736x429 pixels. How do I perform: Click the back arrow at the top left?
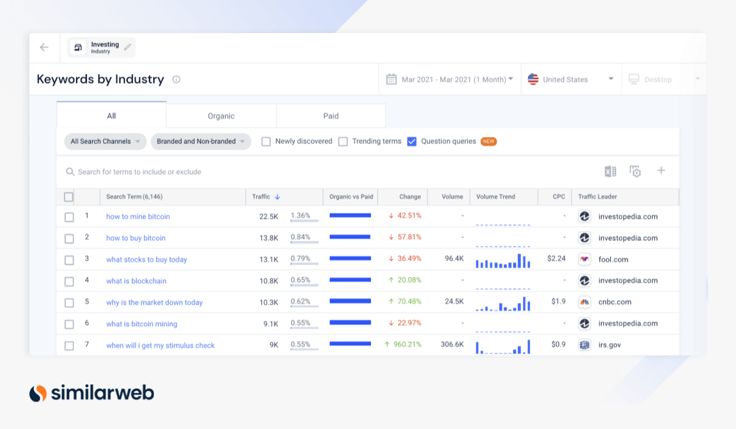pos(44,47)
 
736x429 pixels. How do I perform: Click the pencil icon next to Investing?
pos(128,47)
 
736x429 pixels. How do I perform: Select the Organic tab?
pos(221,116)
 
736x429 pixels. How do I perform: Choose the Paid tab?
pos(331,116)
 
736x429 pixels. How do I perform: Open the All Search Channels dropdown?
pos(105,142)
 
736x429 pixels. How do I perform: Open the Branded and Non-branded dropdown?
pos(201,142)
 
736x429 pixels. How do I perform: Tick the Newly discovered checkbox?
pos(266,142)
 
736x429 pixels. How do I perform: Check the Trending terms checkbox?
pos(343,142)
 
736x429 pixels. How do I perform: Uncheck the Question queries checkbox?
pos(412,142)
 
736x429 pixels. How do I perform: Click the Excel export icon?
pos(610,172)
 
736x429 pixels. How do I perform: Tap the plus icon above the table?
pos(661,171)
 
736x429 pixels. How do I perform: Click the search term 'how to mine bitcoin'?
pos(138,216)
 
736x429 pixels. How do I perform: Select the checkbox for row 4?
pos(69,281)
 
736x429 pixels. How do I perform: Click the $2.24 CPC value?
pos(556,259)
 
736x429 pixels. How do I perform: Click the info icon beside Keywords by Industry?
pos(176,80)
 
